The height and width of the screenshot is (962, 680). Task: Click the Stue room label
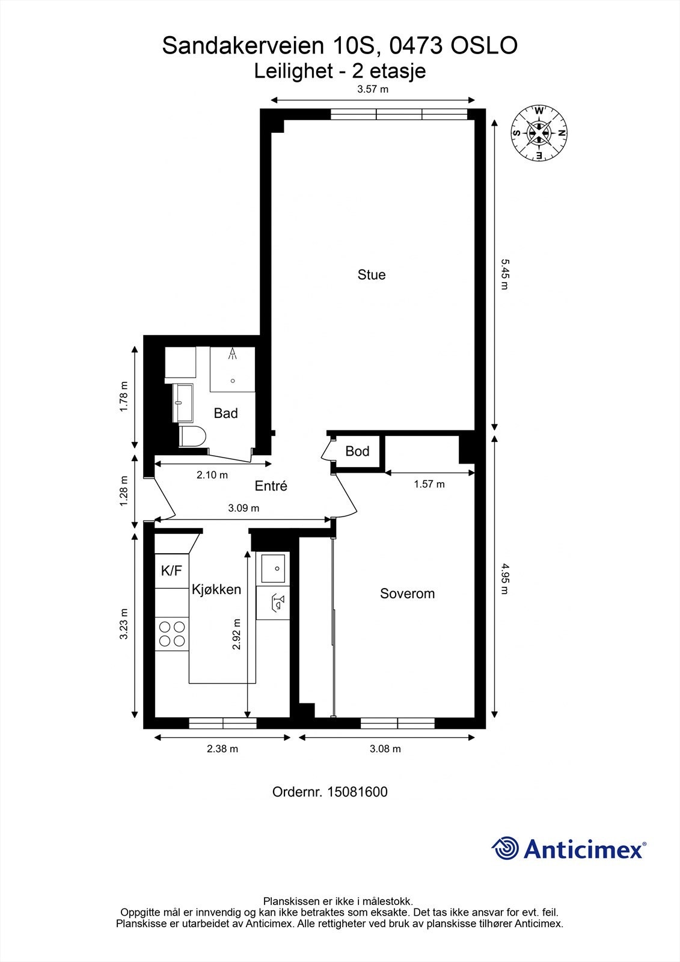pos(372,275)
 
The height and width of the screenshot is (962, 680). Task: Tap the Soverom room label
pos(407,593)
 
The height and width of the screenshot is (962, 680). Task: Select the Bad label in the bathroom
pos(225,413)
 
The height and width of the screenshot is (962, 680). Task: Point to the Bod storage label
pos(357,451)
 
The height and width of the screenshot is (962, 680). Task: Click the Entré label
pos(271,486)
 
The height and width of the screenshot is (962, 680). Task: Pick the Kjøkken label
pos(216,590)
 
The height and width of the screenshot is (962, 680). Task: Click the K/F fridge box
pos(172,571)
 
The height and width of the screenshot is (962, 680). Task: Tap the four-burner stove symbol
pos(172,634)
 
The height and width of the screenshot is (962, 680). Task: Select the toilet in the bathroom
pos(192,437)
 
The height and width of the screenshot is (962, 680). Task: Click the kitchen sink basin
pos(273,568)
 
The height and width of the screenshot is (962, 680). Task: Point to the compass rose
pos(539,133)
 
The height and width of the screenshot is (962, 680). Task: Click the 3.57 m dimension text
pos(373,90)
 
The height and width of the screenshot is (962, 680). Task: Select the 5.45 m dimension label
pos(504,274)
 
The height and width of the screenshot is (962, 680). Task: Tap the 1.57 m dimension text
pos(429,484)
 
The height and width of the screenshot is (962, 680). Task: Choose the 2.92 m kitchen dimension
pos(236,634)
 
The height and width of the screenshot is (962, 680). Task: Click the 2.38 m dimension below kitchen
pos(222,749)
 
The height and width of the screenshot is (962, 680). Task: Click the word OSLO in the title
pos(483,46)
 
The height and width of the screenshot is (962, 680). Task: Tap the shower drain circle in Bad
pos(233,381)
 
